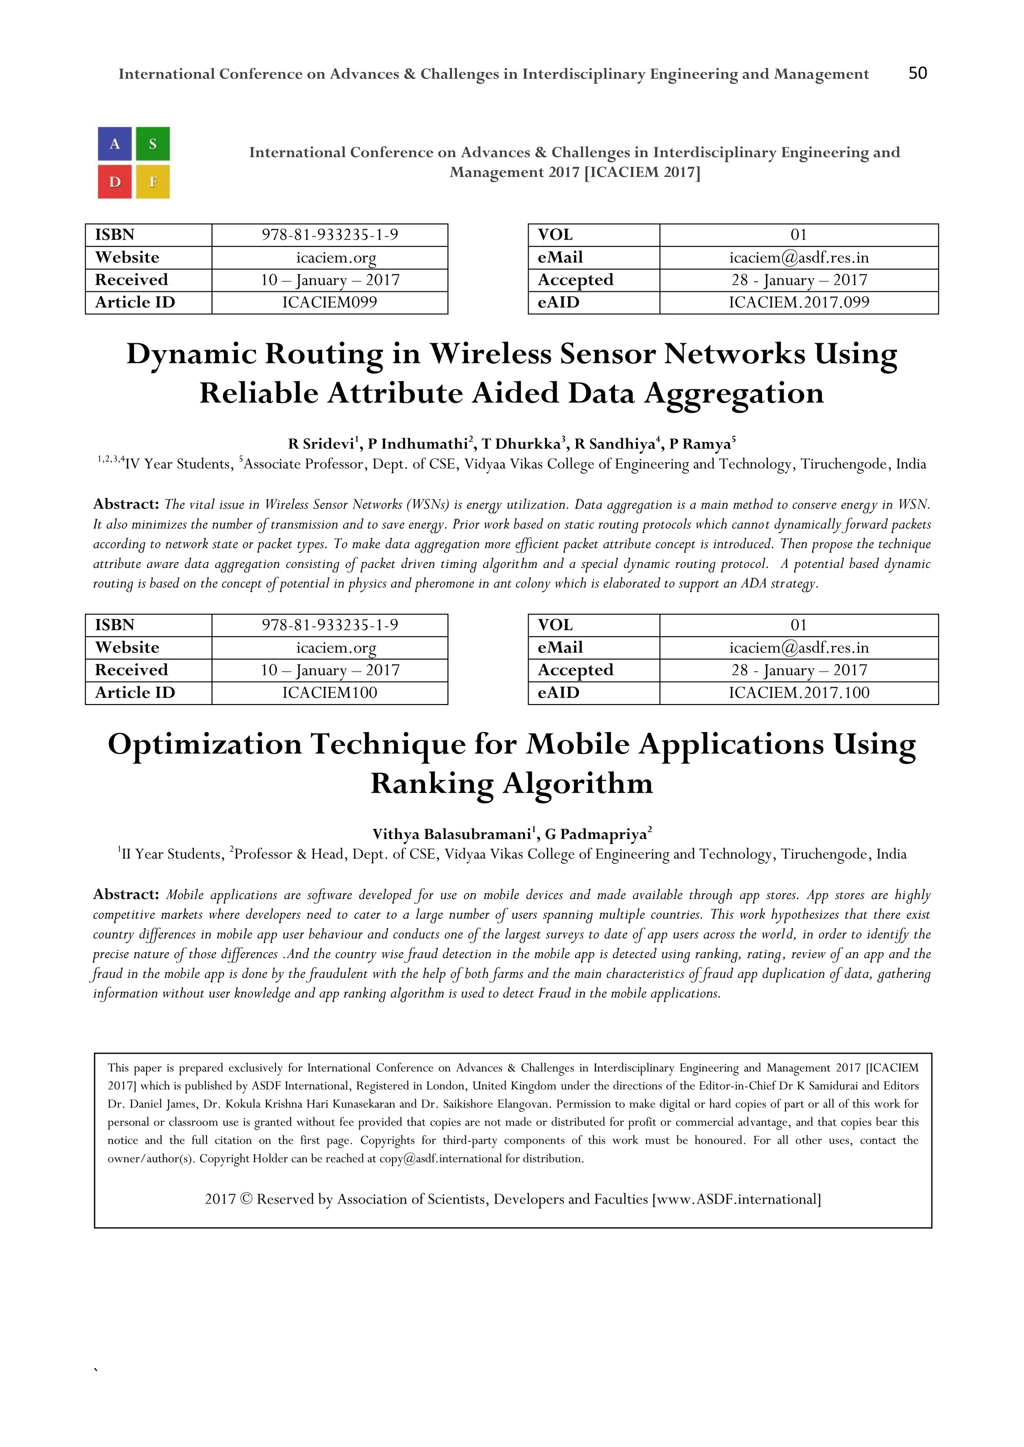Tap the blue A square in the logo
pyautogui.click(x=115, y=144)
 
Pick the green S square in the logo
pyautogui.click(x=153, y=144)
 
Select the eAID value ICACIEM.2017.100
pyautogui.click(x=799, y=693)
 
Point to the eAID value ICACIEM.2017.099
pyautogui.click(x=799, y=302)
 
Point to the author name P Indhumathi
pyautogui.click(x=417, y=444)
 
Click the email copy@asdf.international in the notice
pyautogui.click(x=440, y=1158)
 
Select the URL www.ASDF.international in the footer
pyautogui.click(x=736, y=1199)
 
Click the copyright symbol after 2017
pyautogui.click(x=246, y=1199)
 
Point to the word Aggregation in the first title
pyautogui.click(x=733, y=394)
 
